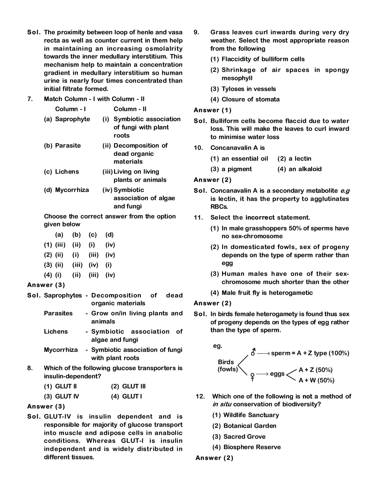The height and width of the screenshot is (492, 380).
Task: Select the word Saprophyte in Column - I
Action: [x=72, y=119]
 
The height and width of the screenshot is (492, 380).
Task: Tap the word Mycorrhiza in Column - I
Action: [x=72, y=190]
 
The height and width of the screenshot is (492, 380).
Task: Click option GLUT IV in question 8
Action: [x=67, y=396]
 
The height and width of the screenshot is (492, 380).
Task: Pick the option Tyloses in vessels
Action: [x=248, y=89]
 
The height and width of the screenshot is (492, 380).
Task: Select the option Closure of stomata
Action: [x=250, y=99]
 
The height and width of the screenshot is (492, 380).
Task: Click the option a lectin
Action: [x=300, y=158]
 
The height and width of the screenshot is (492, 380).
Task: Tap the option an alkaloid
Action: [x=304, y=169]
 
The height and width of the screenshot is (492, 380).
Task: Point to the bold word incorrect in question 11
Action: [x=260, y=217]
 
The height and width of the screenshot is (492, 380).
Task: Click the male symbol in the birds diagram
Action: [x=253, y=351]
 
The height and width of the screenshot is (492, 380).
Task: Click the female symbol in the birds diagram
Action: [x=253, y=376]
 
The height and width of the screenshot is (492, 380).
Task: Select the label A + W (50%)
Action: [x=316, y=380]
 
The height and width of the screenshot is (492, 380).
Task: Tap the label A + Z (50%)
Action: [x=315, y=370]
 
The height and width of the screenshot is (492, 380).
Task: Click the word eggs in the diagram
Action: [x=277, y=374]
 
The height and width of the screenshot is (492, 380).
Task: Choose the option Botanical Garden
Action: [x=250, y=426]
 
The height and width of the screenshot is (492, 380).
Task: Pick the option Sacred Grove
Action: [x=244, y=436]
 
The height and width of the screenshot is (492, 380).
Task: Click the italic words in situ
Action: [x=222, y=404]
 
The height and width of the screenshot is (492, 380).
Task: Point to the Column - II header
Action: [x=130, y=109]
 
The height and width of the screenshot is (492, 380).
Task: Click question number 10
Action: [x=197, y=148]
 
